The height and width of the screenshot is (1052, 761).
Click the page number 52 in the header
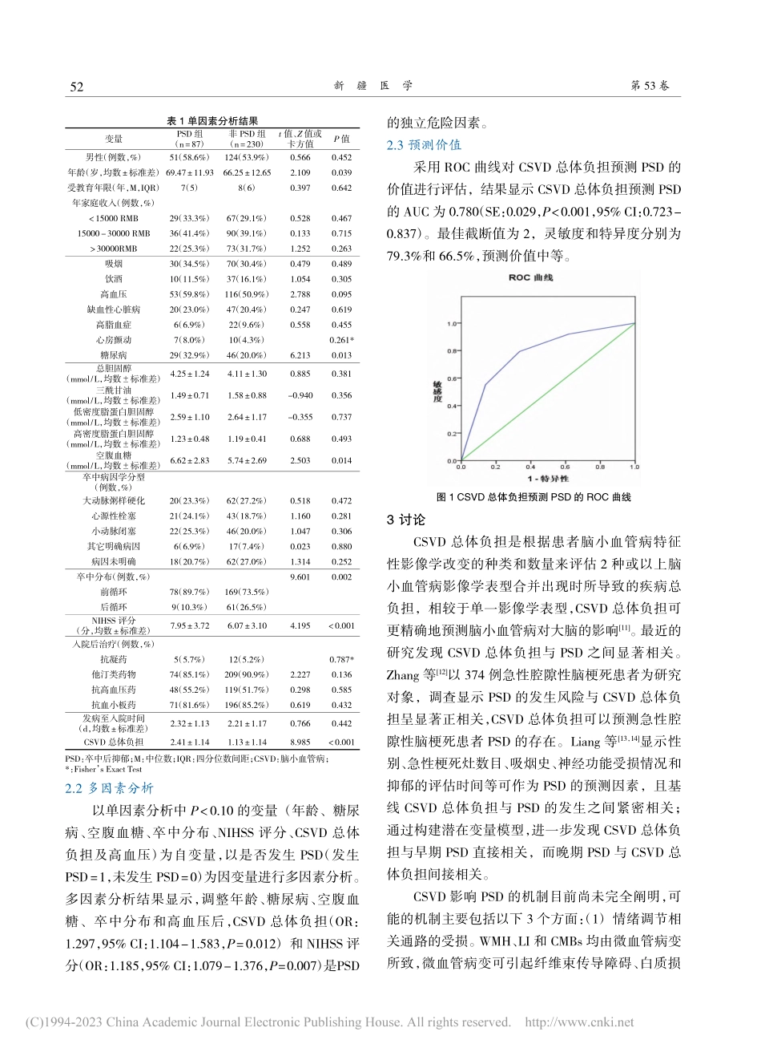click(77, 87)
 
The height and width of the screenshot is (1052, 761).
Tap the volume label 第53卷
click(650, 86)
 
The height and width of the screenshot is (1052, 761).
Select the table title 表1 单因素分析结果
click(211, 120)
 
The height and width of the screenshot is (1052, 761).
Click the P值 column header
click(341, 139)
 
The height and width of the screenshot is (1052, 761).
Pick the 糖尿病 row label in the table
click(113, 354)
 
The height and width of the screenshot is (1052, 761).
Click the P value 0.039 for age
click(341, 172)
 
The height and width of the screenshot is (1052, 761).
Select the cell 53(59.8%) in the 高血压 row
click(189, 294)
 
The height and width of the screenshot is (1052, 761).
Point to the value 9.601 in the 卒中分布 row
click(300, 577)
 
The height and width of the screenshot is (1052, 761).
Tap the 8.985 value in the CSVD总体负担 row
click(300, 742)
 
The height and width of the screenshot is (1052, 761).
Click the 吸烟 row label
click(113, 264)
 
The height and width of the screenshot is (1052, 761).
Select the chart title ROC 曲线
click(530, 277)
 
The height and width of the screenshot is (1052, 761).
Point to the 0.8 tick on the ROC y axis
click(452, 351)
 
